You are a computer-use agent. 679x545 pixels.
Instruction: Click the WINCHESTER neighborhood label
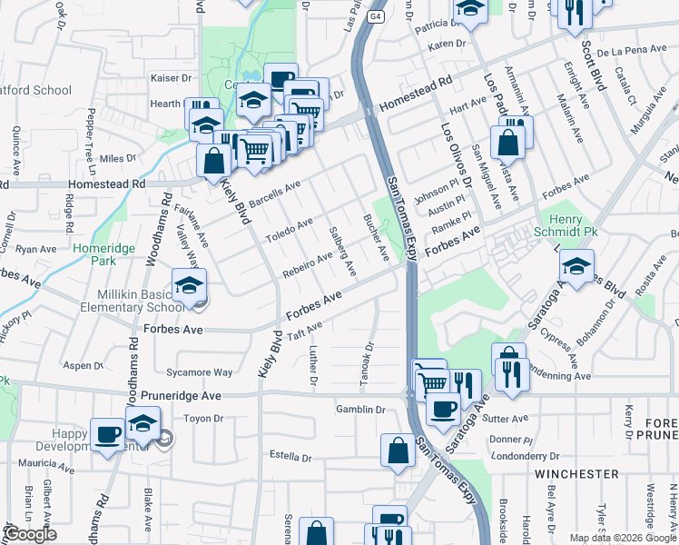[576, 474]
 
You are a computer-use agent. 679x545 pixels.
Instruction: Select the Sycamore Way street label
[205, 372]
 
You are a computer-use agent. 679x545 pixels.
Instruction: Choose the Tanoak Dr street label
[368, 362]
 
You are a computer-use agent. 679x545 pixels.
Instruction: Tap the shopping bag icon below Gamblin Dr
[399, 451]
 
